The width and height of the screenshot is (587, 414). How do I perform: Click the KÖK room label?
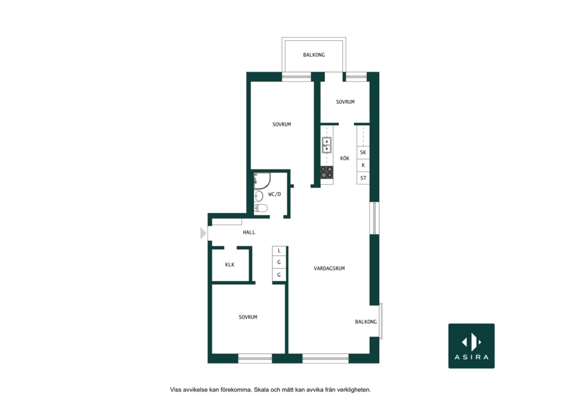(345, 158)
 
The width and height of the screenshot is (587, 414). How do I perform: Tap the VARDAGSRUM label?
(329, 268)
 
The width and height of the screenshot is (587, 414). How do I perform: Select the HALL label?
(249, 232)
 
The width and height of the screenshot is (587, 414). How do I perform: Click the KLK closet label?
(230, 265)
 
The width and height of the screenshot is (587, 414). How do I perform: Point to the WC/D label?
(274, 194)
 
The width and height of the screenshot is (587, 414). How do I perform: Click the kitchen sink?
(327, 145)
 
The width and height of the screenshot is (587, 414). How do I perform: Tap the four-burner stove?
(327, 173)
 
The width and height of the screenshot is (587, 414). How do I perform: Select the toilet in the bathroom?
(261, 208)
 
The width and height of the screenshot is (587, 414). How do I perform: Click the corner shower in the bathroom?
(262, 181)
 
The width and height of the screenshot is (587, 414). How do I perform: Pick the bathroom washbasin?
(258, 196)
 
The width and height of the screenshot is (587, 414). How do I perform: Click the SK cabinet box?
(363, 152)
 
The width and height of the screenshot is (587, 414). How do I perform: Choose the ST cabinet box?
(363, 178)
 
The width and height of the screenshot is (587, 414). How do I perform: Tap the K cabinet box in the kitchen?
(363, 165)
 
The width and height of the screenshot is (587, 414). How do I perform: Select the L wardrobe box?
(279, 250)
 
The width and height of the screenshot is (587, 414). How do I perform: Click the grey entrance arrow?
(203, 233)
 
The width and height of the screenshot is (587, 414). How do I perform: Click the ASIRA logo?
(471, 346)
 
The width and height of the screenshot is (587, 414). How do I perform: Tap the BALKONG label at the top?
(314, 55)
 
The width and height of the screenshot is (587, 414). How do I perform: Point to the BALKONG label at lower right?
(366, 321)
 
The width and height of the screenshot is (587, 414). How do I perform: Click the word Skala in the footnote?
(261, 390)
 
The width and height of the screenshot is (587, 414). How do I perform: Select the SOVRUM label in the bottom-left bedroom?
(248, 317)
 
